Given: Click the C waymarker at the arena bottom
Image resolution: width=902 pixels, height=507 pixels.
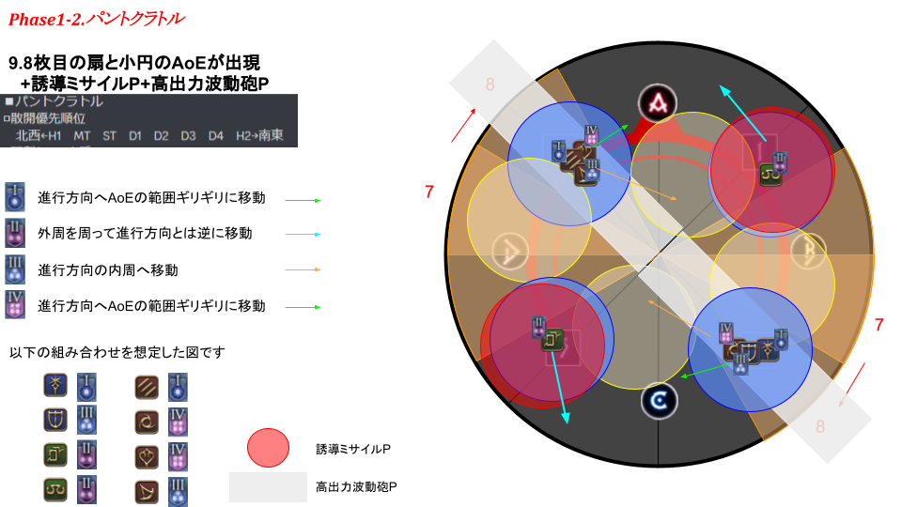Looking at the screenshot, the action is [659, 402].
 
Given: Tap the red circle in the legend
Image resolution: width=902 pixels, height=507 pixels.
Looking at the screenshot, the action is [268, 447].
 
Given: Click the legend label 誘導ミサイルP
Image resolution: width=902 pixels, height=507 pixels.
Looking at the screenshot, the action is [352, 449].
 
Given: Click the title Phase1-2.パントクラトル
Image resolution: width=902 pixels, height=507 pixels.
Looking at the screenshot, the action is [96, 18].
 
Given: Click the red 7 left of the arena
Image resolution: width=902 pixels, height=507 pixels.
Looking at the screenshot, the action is [429, 192].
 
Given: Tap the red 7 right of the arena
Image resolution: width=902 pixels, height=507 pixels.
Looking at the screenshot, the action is [879, 325].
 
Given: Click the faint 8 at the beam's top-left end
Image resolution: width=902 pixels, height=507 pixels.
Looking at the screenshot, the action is [490, 84].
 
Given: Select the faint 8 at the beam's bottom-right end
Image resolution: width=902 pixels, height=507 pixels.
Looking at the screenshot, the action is [820, 426].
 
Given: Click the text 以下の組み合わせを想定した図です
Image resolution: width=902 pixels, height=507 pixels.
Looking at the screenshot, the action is [117, 352].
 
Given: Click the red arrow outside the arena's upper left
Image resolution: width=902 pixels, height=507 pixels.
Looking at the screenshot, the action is [463, 127].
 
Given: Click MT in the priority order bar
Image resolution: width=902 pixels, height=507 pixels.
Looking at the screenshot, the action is [82, 136].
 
